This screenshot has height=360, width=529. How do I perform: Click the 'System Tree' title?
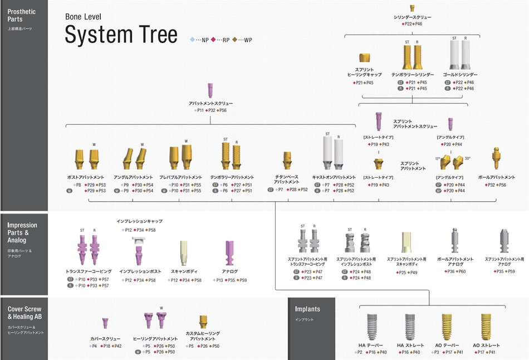pyautogui.click(x=121, y=35)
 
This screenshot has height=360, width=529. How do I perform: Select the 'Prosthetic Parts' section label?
pyautogui.click(x=22, y=15)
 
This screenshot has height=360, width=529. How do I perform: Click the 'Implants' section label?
pyautogui.click(x=307, y=309)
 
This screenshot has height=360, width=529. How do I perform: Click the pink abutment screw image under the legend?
pyautogui.click(x=210, y=90)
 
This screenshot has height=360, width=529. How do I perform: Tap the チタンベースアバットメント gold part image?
pyautogui.click(x=287, y=161)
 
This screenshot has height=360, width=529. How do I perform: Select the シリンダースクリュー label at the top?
pyautogui.click(x=412, y=17)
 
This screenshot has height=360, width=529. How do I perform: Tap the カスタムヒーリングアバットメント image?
pyautogui.click(x=203, y=323)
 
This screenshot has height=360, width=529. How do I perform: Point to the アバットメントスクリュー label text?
pyautogui.click(x=210, y=104)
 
